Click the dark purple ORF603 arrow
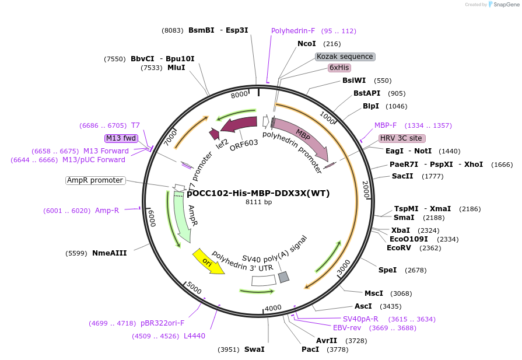tap(239, 124)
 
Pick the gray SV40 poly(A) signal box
tap(283, 277)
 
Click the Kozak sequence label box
tap(345, 57)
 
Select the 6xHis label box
tap(339, 68)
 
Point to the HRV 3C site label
tap(402, 138)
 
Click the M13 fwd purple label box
tap(121, 138)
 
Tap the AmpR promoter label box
tap(96, 180)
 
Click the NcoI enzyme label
tap(306, 44)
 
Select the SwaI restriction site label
tap(254, 349)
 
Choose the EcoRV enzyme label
tap(398, 247)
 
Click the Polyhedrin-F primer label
tap(293, 31)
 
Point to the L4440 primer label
tap(194, 335)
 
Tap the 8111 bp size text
tap(258, 202)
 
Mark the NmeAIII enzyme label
tap(109, 253)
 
